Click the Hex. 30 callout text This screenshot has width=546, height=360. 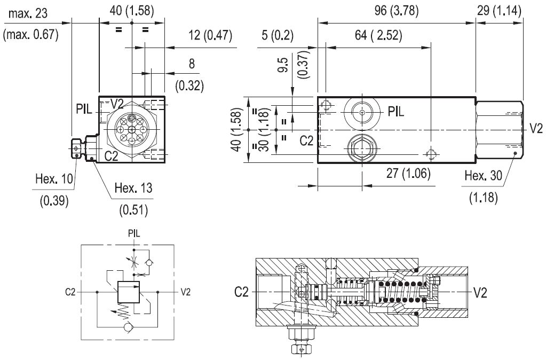pos(482,176)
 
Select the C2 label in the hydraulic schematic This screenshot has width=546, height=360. pos(70,292)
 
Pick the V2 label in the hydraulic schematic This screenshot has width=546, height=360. pos(185,292)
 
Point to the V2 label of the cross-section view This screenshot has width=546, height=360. pos(481,292)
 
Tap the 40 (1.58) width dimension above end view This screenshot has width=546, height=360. pos(131,10)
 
